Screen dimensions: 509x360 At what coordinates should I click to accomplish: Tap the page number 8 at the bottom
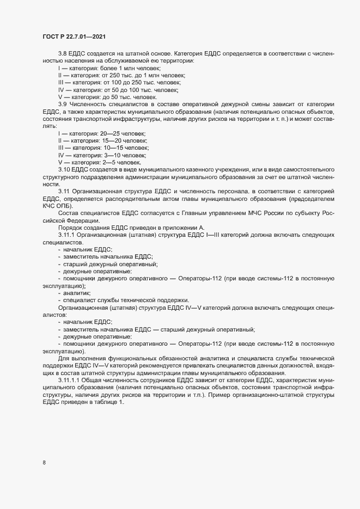(44, 463)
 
